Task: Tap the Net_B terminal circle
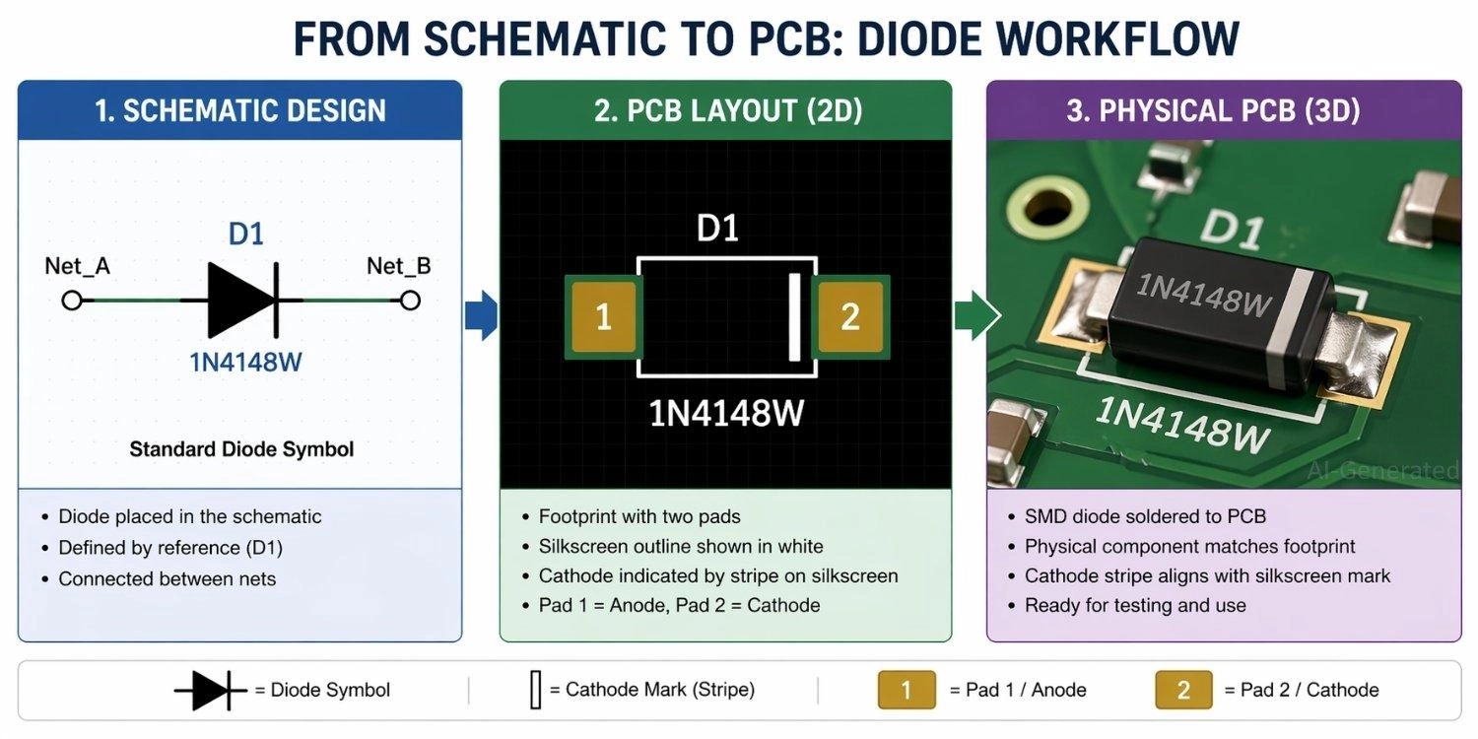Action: coord(410,300)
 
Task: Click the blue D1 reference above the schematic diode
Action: coord(246,235)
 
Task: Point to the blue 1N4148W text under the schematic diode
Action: coord(246,363)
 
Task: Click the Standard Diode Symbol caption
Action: coord(241,449)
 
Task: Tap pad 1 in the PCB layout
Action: coord(604,316)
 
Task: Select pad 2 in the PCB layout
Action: coord(849,316)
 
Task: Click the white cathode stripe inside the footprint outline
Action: coord(793,317)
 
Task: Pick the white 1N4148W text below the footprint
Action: coord(726,414)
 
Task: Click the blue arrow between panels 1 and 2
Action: coord(481,316)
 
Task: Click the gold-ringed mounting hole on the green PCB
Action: coord(1040,207)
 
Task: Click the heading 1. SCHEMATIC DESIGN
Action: coord(239,110)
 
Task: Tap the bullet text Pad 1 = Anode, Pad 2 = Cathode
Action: coord(679,605)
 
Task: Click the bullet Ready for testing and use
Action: coord(1135,605)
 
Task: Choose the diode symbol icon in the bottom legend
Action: coord(210,690)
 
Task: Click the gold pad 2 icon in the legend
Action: coord(1183,690)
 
